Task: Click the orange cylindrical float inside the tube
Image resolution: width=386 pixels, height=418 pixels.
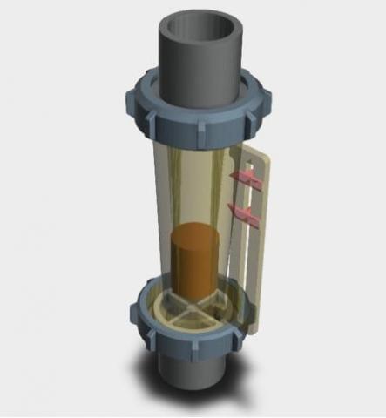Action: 197,261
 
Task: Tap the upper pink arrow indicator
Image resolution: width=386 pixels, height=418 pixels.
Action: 247,179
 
